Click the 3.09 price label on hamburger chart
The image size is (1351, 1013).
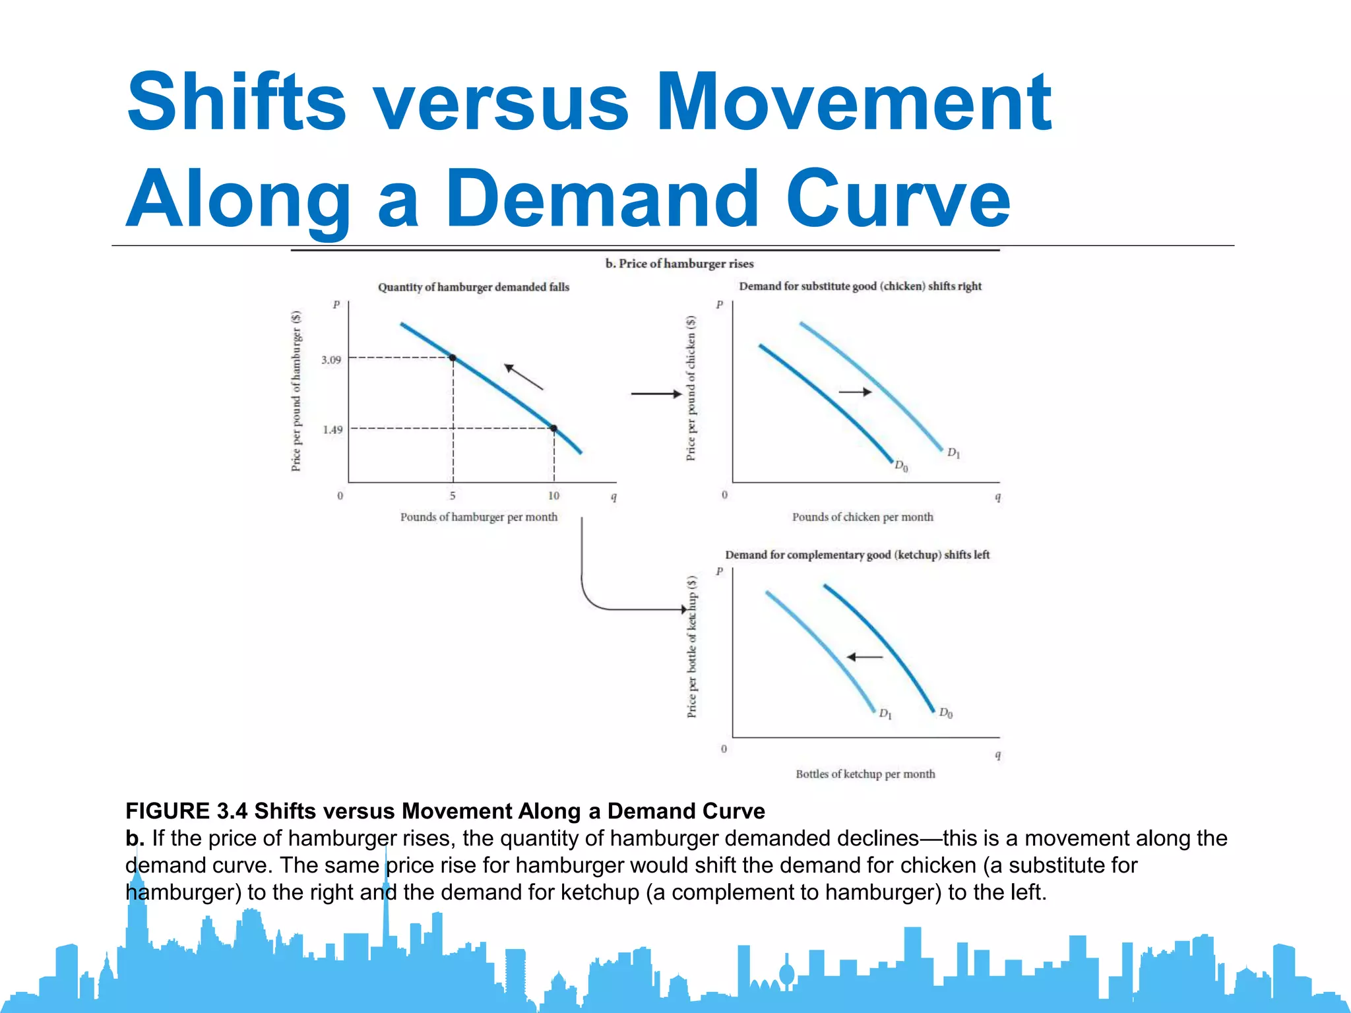331,359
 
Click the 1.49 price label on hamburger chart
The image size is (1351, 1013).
332,429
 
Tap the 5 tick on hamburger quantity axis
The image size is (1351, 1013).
453,495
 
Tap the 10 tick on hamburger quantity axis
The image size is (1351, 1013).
553,495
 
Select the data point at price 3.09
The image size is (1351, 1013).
453,357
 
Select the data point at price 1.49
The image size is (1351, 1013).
554,429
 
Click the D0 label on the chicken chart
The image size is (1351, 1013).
901,466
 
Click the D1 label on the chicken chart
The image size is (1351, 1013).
954,453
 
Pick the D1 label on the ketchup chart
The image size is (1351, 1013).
885,714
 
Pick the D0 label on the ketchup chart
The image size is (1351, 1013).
946,713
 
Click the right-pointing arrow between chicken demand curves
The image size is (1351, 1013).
855,392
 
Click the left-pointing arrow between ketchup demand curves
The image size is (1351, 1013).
864,657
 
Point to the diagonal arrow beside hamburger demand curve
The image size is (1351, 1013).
524,377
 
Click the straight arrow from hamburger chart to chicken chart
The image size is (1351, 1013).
656,394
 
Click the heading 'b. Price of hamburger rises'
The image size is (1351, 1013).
679,264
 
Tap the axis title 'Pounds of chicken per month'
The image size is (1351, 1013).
862,517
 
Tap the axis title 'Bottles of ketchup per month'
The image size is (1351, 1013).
865,774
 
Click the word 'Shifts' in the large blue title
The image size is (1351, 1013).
236,102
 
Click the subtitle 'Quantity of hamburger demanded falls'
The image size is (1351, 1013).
473,287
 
